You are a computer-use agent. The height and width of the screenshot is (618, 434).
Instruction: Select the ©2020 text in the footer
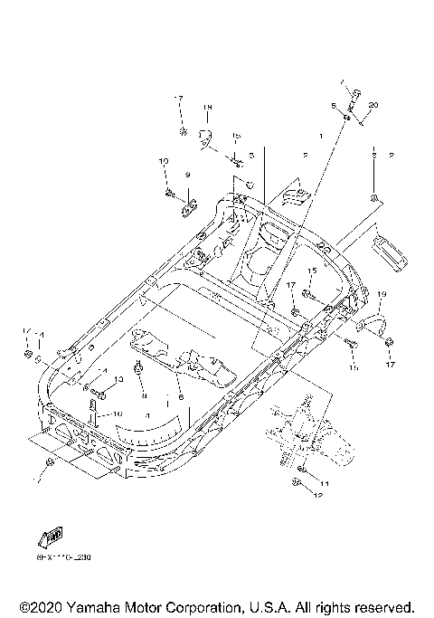click(x=40, y=605)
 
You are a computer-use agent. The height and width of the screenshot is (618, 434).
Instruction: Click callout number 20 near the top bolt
click(x=373, y=106)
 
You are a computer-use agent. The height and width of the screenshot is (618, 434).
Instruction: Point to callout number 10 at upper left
click(x=164, y=161)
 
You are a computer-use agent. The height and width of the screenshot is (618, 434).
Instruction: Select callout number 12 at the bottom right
click(x=317, y=496)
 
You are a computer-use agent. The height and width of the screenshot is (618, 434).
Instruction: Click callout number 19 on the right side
click(x=382, y=295)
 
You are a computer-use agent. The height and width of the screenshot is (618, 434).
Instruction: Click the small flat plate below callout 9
click(x=187, y=208)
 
